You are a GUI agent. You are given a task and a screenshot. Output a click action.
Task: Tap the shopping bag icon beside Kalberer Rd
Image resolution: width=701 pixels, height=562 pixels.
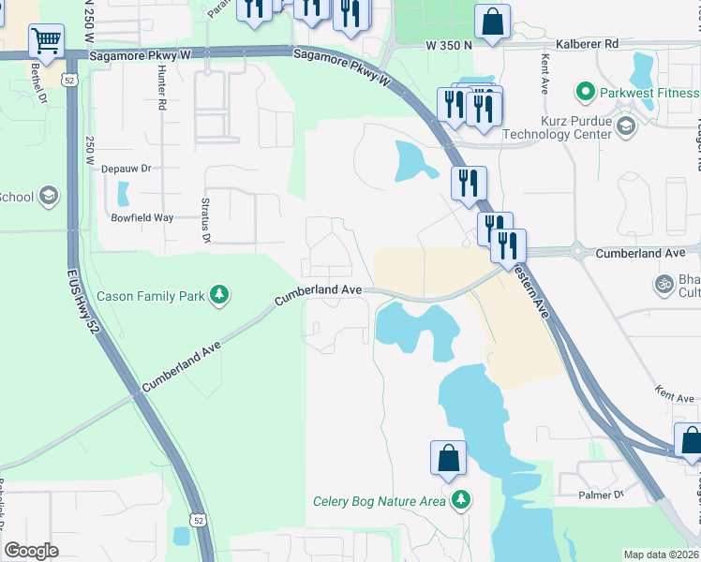point(492,21)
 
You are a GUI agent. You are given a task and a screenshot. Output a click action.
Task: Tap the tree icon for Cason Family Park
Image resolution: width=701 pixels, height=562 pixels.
point(218,296)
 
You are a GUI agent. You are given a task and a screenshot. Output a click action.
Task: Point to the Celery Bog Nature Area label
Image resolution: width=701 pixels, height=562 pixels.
point(379,501)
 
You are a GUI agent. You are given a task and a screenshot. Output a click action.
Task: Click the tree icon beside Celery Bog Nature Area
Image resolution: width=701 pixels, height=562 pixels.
point(459,500)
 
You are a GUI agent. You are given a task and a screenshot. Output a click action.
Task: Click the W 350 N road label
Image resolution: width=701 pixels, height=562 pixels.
point(447,44)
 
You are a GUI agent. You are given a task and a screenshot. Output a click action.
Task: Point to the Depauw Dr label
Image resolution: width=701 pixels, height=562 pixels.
point(126,169)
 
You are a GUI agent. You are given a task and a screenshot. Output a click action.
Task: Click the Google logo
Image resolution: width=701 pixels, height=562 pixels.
point(31,550)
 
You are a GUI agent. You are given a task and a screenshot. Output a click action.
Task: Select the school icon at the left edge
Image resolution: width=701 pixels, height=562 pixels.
point(49,197)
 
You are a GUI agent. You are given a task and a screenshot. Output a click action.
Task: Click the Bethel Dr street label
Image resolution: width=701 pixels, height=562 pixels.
point(40,82)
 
